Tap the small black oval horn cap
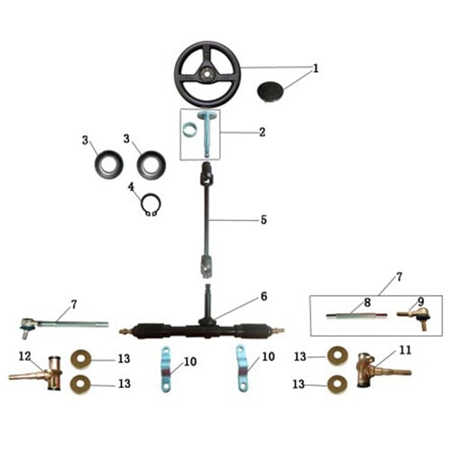[x=272, y=91]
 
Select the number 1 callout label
[x=316, y=69]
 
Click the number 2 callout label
[x=262, y=133]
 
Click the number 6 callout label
[x=264, y=296]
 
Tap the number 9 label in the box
[x=420, y=302]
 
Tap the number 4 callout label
[x=131, y=188]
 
